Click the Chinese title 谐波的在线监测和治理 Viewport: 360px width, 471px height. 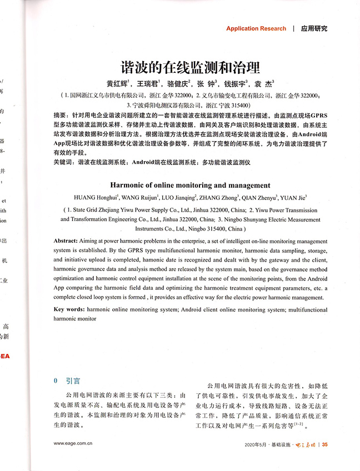[x=191, y=68]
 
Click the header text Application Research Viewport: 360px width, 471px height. [x=256, y=28]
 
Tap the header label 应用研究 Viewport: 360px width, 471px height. [x=314, y=28]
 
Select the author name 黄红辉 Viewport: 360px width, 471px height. [x=118, y=84]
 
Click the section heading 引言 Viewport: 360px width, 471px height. [x=73, y=381]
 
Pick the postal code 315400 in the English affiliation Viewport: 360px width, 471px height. [x=213, y=228]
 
